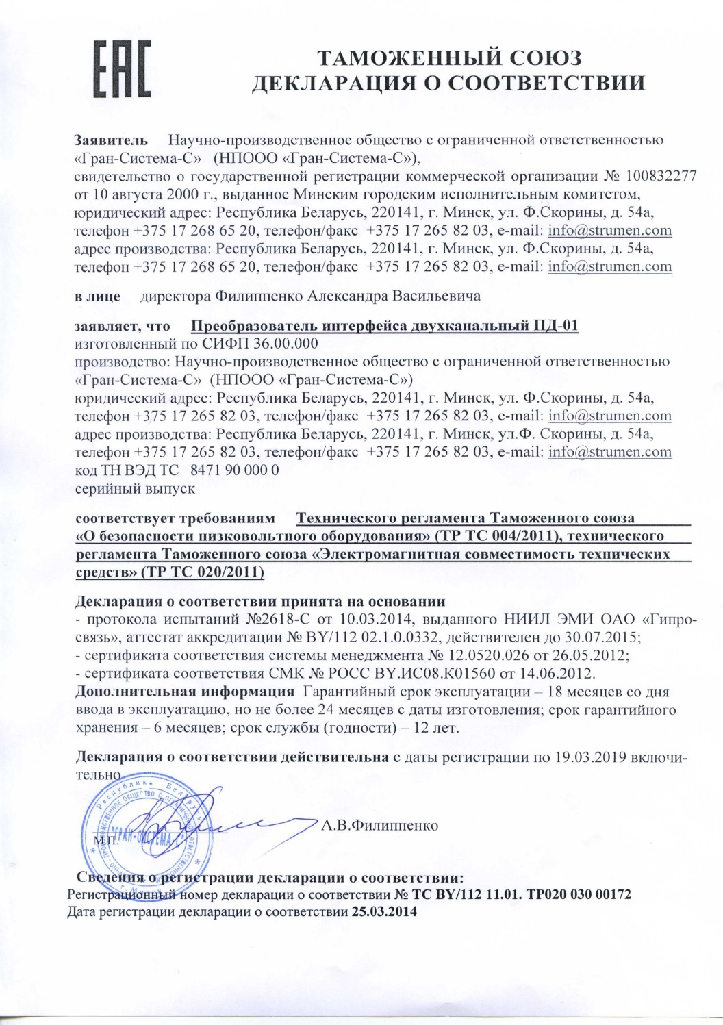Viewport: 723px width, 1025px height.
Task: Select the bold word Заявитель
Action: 110,140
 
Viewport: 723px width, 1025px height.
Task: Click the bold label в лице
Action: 97,296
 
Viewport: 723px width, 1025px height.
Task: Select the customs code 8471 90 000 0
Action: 233,470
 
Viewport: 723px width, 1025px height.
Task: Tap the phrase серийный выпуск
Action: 135,489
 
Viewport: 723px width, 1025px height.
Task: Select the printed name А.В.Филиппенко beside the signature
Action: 379,824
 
